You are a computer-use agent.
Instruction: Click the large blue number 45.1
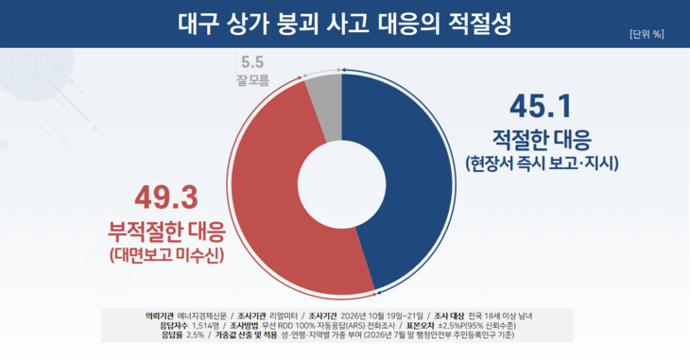point(541,106)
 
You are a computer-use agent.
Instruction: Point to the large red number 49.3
point(166,197)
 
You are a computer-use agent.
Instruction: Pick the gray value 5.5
point(252,62)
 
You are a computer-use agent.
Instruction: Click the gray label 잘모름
point(252,80)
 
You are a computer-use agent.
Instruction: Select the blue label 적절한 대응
point(542,140)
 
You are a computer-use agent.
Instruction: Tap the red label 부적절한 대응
point(166,231)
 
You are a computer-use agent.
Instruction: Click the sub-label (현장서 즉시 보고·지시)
point(543,163)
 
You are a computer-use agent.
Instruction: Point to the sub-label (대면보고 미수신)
point(166,255)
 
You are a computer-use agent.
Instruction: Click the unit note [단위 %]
point(647,34)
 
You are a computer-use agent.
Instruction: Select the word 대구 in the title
point(198,24)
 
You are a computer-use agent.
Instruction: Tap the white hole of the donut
point(342,184)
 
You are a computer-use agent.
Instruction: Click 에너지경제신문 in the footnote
point(202,316)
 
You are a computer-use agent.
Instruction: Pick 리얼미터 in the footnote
point(284,316)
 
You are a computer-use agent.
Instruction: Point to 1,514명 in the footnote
point(205,326)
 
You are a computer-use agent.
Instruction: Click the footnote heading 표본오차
point(420,326)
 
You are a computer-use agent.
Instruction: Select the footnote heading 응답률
point(172,334)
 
